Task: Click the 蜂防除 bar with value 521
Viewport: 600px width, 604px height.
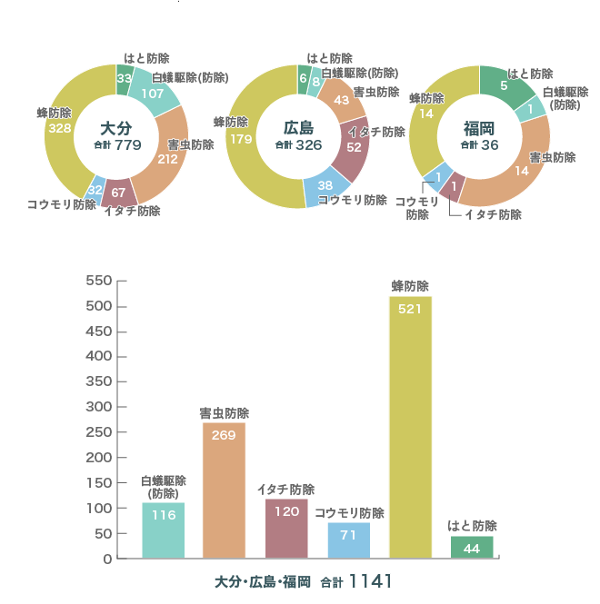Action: tap(410, 427)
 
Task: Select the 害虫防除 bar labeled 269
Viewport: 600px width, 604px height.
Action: tap(224, 490)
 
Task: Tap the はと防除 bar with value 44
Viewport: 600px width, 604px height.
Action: tap(472, 547)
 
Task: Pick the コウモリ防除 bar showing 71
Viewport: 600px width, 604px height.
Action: tap(349, 540)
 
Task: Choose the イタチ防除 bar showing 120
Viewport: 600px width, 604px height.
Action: tap(286, 528)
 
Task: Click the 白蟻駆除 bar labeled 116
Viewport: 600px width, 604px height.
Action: tap(164, 530)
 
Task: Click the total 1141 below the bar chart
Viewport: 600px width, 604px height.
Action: tap(369, 580)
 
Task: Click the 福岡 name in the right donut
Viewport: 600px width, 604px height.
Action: tap(479, 128)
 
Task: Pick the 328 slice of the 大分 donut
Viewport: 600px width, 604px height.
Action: tap(60, 128)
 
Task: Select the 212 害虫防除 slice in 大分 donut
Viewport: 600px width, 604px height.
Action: tap(167, 158)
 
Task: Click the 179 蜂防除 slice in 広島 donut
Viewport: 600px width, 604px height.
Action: tap(242, 140)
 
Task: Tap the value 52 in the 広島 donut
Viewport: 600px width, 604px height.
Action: tap(355, 147)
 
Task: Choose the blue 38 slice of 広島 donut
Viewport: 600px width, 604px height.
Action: tap(325, 184)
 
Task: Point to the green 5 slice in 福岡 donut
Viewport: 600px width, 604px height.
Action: tap(505, 85)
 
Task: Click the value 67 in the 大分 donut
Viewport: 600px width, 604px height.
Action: tap(119, 193)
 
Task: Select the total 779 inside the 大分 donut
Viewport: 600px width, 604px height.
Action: tap(128, 145)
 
